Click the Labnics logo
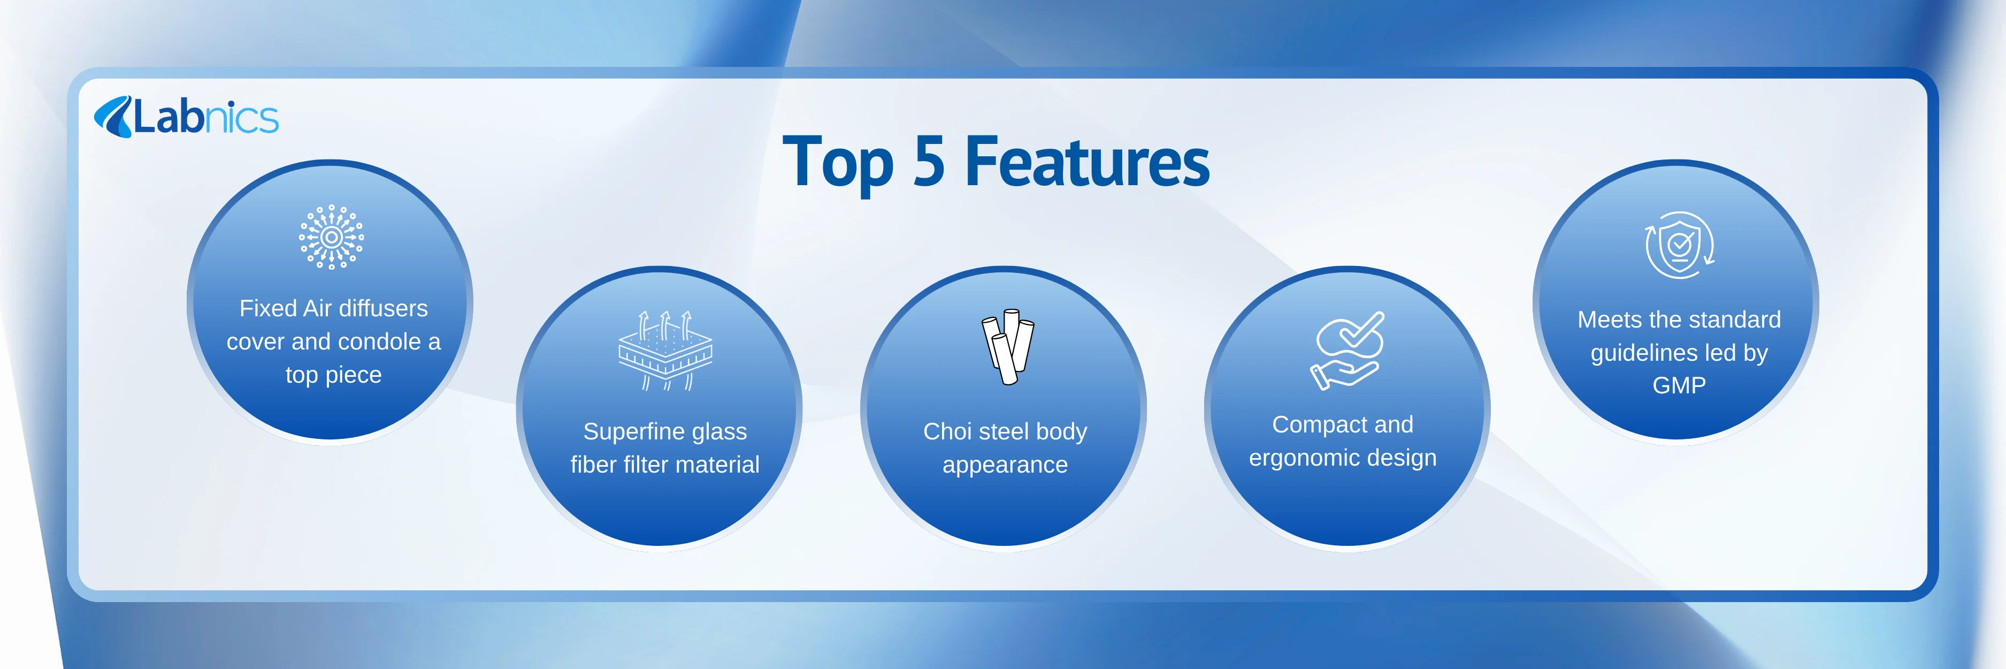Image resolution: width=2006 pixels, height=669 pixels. [186, 117]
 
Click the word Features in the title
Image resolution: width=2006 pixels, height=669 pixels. [1087, 162]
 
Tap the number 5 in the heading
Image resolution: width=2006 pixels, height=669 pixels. [928, 162]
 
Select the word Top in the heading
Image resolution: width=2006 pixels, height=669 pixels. [838, 164]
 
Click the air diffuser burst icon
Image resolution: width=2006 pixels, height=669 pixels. [332, 237]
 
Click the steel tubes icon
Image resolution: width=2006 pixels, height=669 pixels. [1007, 346]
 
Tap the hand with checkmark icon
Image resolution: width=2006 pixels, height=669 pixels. [1346, 351]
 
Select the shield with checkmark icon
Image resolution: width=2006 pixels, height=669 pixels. [1680, 245]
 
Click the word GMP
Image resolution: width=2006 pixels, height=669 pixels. [1679, 385]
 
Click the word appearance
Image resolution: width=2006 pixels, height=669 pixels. [1005, 465]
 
